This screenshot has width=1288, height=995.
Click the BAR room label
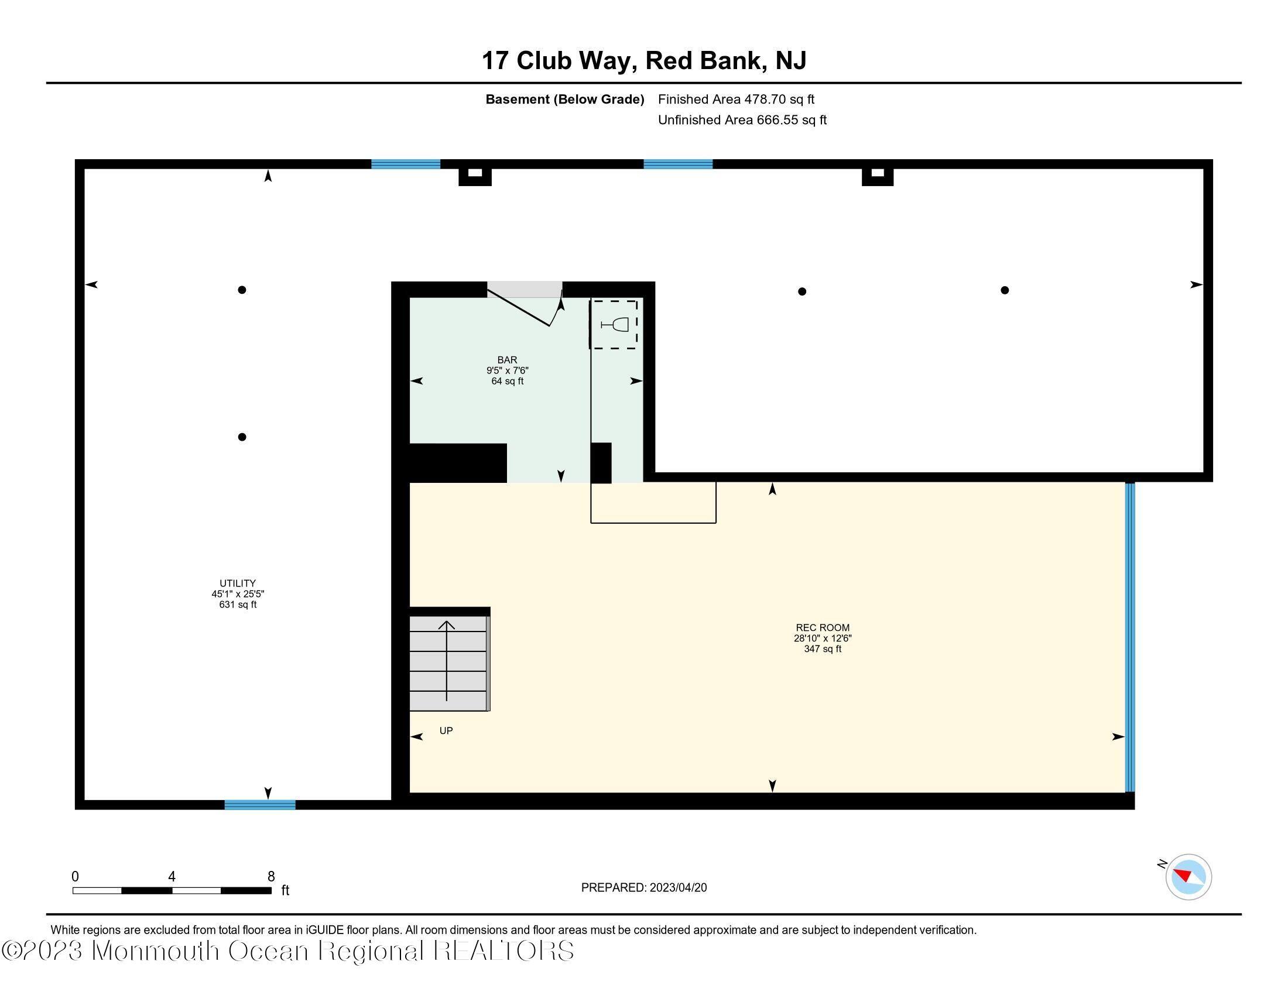click(506, 359)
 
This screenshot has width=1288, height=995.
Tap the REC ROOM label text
click(822, 628)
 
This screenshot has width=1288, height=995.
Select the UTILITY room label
click(238, 583)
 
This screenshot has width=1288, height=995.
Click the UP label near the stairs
click(446, 731)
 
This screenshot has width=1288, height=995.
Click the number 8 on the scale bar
click(271, 877)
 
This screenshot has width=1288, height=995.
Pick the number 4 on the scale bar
click(172, 877)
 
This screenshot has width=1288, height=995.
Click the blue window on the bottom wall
click(259, 805)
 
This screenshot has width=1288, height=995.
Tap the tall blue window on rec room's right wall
click(1129, 637)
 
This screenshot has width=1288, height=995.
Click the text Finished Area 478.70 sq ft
click(735, 99)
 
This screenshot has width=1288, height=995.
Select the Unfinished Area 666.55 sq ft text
click(742, 120)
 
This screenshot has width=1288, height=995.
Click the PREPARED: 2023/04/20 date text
click(643, 888)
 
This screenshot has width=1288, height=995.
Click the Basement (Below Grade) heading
click(564, 99)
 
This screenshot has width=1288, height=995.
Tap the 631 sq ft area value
click(238, 605)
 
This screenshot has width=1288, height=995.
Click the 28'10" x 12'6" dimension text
click(822, 639)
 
